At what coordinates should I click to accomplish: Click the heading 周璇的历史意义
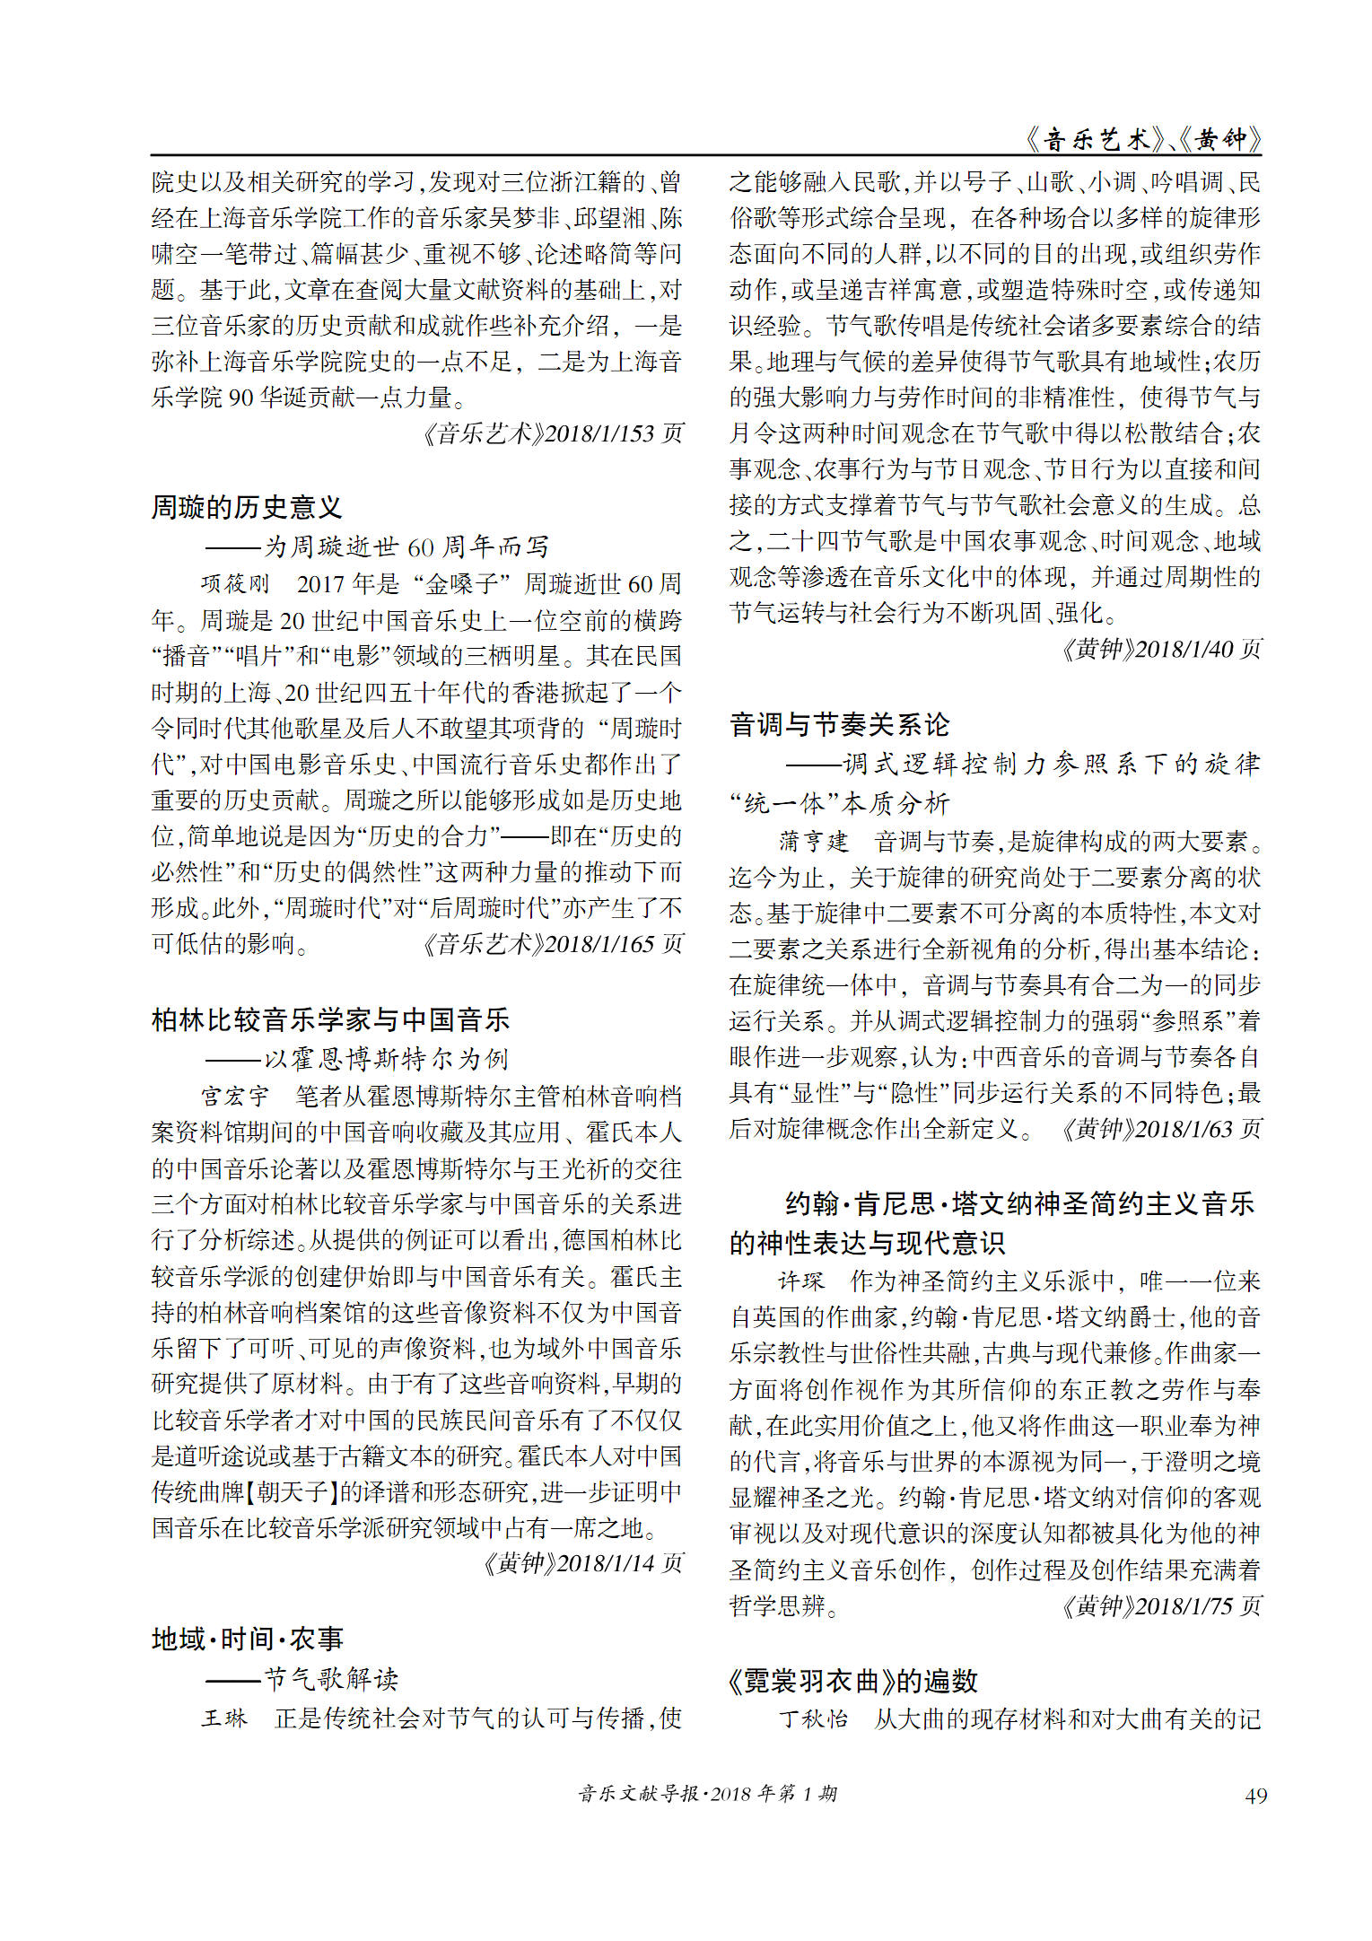[x=247, y=507]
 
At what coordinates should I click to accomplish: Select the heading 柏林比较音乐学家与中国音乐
[x=330, y=1019]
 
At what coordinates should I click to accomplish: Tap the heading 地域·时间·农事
[x=248, y=1639]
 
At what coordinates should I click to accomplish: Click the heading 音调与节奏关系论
[x=839, y=724]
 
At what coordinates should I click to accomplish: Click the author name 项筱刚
[x=235, y=584]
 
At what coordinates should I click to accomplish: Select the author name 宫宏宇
[x=235, y=1097]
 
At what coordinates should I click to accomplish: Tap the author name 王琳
[x=223, y=1718]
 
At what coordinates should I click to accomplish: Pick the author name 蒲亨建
[x=813, y=841]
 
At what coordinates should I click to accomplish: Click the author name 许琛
[x=800, y=1281]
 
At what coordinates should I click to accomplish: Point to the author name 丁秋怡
[x=813, y=1718]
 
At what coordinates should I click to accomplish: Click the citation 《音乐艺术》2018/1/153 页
[x=553, y=433]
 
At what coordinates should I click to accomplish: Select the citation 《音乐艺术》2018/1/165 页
[x=553, y=944]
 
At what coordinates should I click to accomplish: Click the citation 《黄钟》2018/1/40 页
[x=1161, y=649]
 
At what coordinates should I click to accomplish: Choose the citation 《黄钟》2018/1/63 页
[x=1161, y=1129]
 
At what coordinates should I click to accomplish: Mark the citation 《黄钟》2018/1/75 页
[x=1161, y=1605]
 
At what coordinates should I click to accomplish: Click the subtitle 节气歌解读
[x=330, y=1679]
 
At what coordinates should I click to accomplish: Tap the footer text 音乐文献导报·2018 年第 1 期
[x=707, y=1794]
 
